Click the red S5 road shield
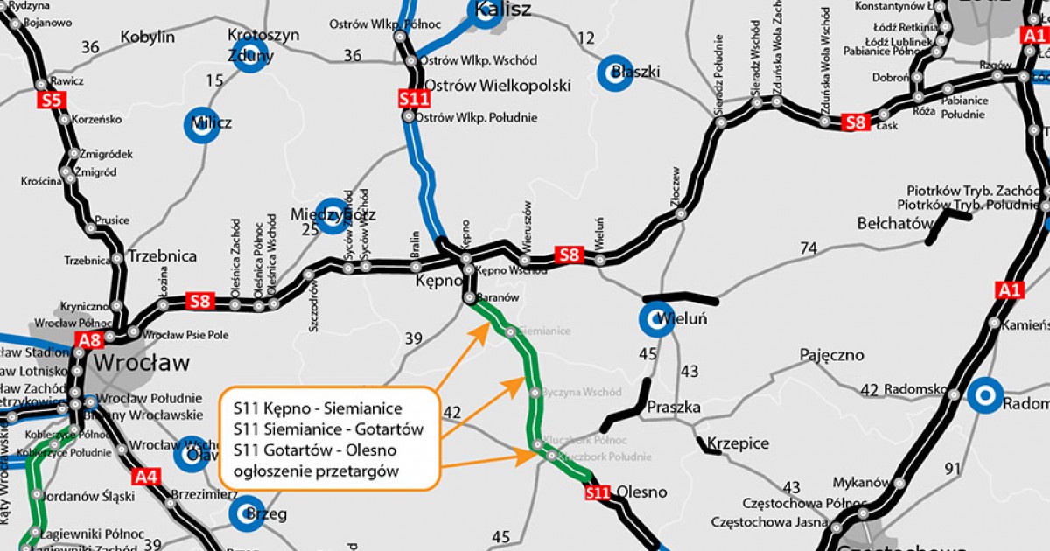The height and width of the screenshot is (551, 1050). coord(52,100)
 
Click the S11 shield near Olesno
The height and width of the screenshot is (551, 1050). coord(598,493)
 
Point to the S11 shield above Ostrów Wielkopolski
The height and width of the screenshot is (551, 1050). coord(414,99)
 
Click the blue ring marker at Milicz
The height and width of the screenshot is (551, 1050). coord(200,123)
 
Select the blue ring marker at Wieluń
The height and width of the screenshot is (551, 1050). coord(655,320)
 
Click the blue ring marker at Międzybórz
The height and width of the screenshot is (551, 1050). coord(331,215)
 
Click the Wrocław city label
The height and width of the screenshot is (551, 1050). coord(140,362)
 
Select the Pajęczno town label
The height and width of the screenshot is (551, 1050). coord(830,355)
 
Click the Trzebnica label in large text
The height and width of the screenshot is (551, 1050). coord(162,256)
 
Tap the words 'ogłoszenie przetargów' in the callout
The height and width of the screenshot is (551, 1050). coord(314,471)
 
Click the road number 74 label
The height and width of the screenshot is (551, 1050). coord(808,248)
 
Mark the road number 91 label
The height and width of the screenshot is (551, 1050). coord(953,469)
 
